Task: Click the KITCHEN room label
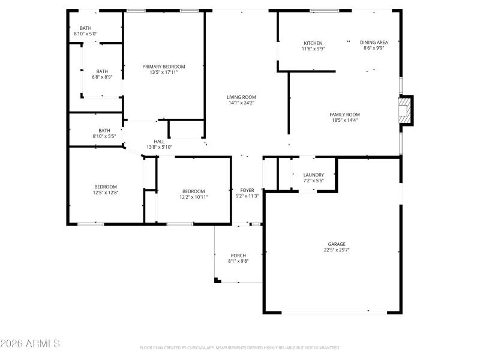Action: [x=313, y=43]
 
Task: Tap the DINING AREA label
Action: [x=374, y=42]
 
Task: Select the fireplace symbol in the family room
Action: [x=407, y=111]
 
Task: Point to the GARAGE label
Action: [x=336, y=244]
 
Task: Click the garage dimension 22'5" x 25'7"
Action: [x=336, y=250]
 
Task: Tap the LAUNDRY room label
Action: [x=313, y=175]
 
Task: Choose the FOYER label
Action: [x=247, y=190]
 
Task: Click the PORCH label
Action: [x=238, y=256]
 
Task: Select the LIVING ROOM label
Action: [x=241, y=97]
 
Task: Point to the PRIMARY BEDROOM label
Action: [x=164, y=67]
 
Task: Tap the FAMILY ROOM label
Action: [x=344, y=114]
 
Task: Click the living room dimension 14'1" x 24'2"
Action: [x=241, y=103]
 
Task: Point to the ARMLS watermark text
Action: [x=30, y=344]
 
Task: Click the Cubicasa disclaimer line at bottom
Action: [x=240, y=347]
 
